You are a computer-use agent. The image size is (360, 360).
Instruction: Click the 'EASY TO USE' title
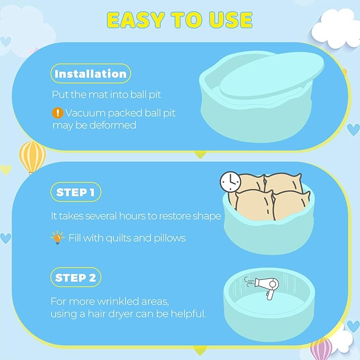[x=180, y=20]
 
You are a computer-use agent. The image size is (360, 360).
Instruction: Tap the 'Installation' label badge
[x=91, y=74]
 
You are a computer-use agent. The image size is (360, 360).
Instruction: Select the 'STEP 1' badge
[x=76, y=192]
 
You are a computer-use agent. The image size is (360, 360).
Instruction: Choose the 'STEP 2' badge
[x=76, y=277]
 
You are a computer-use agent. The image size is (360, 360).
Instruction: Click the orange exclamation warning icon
[x=58, y=113]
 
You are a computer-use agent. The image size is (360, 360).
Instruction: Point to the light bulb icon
[x=57, y=238]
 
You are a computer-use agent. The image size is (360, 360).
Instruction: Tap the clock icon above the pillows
[x=231, y=182]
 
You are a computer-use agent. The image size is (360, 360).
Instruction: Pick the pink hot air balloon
[x=321, y=349]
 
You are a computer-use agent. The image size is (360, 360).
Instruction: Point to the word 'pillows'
[x=170, y=238]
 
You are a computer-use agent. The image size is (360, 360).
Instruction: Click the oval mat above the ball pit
[x=271, y=75]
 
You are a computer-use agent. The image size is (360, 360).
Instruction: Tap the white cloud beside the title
[x=336, y=28]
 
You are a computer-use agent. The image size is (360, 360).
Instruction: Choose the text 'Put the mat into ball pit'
[x=106, y=95]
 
